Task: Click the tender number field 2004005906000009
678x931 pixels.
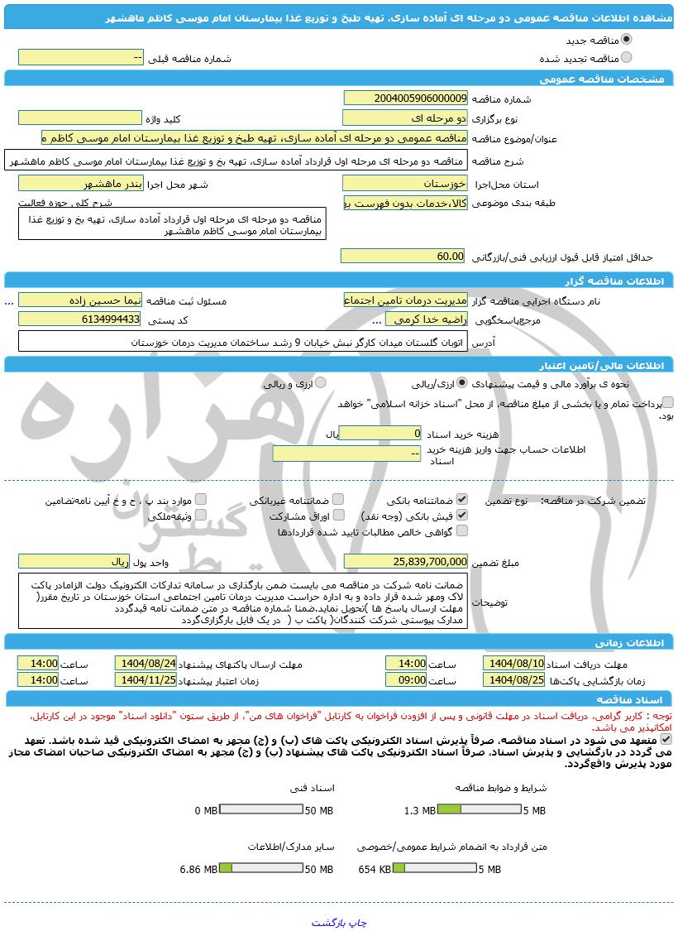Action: pos(405,98)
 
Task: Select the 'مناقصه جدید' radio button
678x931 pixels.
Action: pos(626,40)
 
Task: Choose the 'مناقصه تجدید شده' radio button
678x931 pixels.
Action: pos(626,58)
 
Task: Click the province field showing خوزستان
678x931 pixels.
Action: pos(405,183)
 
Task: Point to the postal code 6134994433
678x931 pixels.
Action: pos(80,319)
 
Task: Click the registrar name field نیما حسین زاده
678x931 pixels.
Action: pos(80,300)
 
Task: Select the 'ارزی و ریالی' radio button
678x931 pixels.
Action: pos(320,383)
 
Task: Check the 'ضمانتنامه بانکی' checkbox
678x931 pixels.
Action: pos(462,500)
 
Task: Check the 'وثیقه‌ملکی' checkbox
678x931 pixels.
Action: pos(200,515)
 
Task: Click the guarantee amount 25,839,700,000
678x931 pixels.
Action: pos(405,562)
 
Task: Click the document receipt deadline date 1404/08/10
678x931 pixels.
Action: pos(514,664)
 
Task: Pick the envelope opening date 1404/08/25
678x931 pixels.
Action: pos(514,680)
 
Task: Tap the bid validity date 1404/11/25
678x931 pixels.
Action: pos(146,680)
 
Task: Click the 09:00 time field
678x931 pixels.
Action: pos(406,680)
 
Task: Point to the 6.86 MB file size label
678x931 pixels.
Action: pos(198,870)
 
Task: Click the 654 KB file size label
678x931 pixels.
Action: pos(375,870)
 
